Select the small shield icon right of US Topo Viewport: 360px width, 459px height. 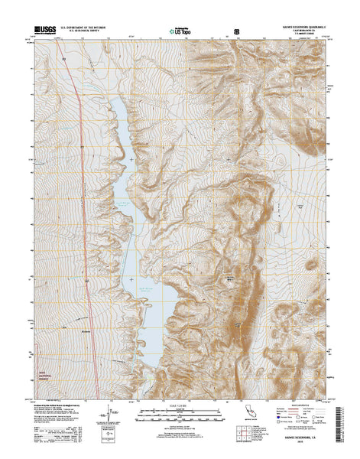tap(236, 32)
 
